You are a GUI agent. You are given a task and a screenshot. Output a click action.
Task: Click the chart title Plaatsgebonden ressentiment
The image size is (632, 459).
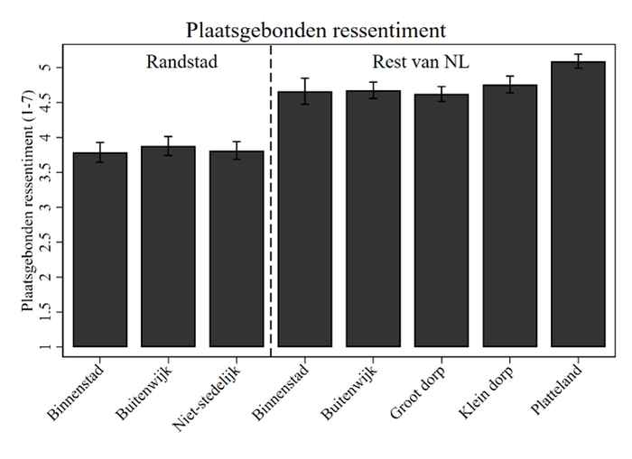(x=315, y=30)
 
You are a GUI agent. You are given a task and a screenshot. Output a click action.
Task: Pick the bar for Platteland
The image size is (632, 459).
(x=578, y=207)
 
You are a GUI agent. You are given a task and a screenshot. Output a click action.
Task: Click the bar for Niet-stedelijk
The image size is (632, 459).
(x=237, y=252)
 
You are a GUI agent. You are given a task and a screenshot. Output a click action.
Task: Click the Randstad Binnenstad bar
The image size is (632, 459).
(x=100, y=252)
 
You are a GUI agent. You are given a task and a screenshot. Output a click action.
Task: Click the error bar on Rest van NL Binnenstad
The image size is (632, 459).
(x=305, y=91)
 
